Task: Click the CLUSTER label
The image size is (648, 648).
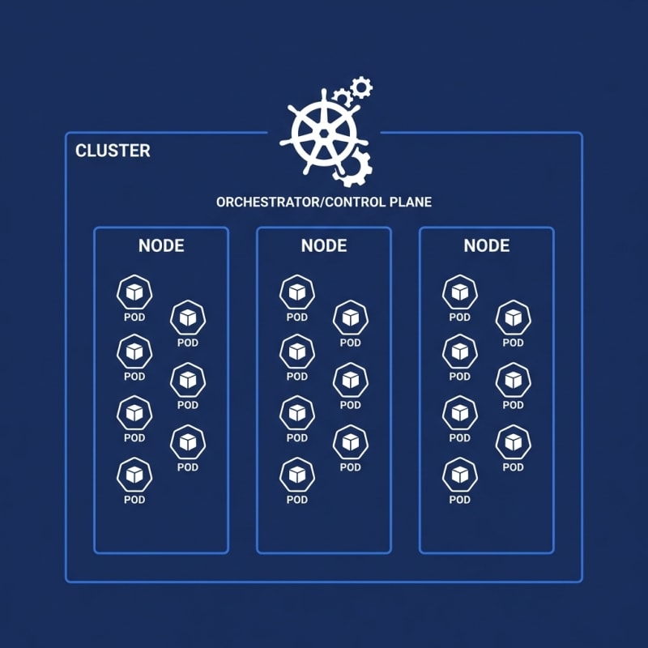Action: coord(113,151)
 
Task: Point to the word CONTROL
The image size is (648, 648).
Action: coord(354,202)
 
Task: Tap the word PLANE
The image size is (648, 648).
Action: coord(411,202)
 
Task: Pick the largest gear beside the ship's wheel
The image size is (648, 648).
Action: coord(352,168)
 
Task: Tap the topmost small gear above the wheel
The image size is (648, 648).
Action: coord(361,87)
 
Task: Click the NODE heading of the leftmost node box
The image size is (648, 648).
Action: coord(161,245)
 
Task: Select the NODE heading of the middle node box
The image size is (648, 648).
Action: coord(324,245)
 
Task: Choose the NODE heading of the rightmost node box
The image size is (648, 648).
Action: coord(487,245)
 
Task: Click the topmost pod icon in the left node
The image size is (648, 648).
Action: coord(134,292)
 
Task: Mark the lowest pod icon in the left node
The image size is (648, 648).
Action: coord(134,474)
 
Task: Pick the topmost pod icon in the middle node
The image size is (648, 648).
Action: coord(297,292)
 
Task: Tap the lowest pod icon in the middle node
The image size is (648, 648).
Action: coord(297,474)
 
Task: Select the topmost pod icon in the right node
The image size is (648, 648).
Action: coord(460,292)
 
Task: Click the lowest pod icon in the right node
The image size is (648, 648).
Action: coord(460,474)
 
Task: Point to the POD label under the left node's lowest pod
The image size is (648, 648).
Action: coord(134,500)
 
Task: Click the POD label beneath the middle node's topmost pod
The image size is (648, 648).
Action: coord(297,318)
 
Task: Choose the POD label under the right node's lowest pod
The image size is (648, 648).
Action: coord(460,500)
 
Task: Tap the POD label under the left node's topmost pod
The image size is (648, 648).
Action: coord(134,318)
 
